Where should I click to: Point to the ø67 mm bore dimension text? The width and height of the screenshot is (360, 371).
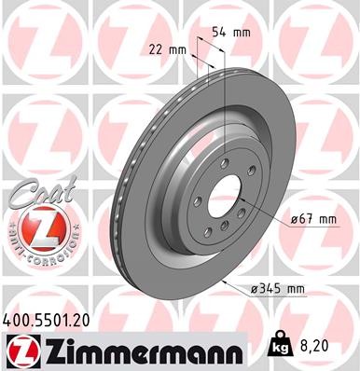tap(312, 219)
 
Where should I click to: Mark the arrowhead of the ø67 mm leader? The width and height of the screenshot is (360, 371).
tap(243, 198)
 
